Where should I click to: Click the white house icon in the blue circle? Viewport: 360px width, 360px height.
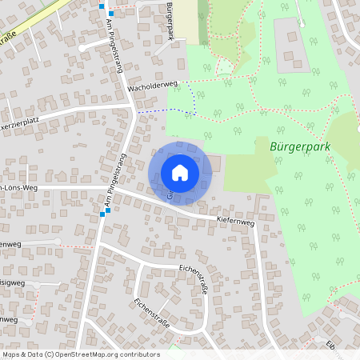pyautogui.click(x=180, y=172)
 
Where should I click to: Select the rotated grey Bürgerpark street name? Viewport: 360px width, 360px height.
pyautogui.click(x=169, y=18)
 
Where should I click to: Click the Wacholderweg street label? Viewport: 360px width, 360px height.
pyautogui.click(x=151, y=84)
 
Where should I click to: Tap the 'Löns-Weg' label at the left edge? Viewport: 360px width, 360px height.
pyautogui.click(x=19, y=188)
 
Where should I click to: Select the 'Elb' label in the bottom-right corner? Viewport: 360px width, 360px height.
pyautogui.click(x=330, y=346)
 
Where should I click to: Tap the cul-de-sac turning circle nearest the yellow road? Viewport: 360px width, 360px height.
pyautogui.click(x=82, y=48)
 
